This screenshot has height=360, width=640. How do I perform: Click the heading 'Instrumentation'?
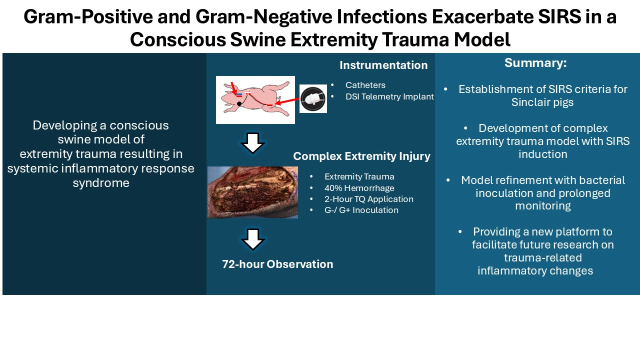coord(383,65)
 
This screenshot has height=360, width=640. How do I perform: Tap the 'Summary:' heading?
coord(535,63)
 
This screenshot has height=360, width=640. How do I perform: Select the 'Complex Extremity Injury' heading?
coord(361,156)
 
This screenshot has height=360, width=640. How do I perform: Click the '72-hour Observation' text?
coord(277,264)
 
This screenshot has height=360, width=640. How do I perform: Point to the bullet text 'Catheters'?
coord(365,85)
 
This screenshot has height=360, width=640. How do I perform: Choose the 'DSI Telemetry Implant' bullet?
coord(389,97)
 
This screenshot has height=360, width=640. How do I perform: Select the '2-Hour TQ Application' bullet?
coord(368,199)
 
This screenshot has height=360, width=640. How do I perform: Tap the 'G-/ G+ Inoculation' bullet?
coord(361,210)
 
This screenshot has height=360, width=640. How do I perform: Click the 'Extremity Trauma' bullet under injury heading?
coord(359,176)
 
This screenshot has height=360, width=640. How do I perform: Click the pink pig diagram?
coord(255,99)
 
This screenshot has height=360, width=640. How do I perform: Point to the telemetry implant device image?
coord(313,98)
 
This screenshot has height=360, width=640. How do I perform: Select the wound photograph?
coord(252,192)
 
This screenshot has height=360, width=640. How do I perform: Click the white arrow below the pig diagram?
coord(252,143)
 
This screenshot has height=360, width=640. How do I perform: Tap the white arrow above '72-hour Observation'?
coord(252,239)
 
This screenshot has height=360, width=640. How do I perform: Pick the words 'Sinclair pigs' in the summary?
coord(542,102)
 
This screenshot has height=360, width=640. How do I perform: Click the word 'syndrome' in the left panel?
coord(101,183)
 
